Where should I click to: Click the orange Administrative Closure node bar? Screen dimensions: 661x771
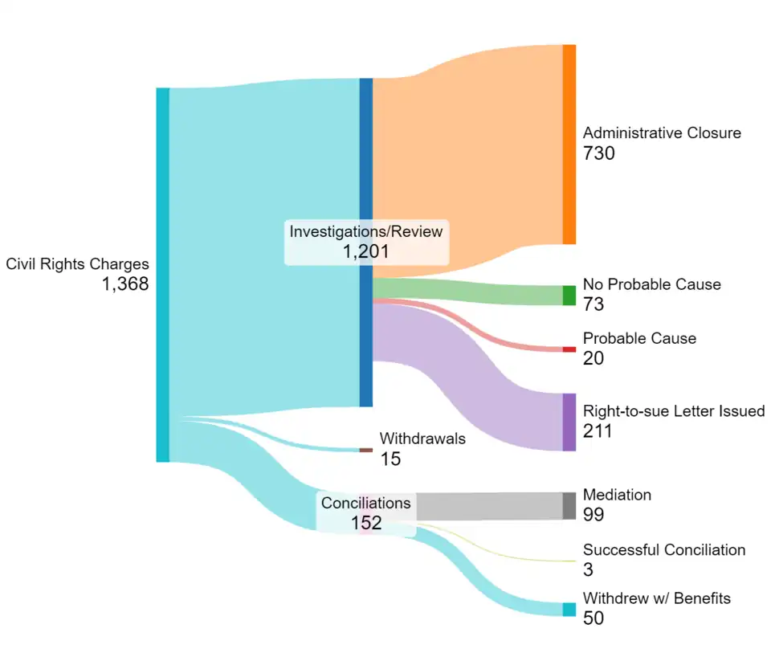(x=569, y=145)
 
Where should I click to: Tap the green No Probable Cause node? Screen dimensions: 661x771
(x=569, y=296)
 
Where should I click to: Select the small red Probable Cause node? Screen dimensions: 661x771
(x=569, y=349)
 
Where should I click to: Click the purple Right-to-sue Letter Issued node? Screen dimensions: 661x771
(x=569, y=422)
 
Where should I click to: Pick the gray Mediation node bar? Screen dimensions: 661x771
(x=569, y=505)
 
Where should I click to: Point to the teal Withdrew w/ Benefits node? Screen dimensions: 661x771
(x=569, y=610)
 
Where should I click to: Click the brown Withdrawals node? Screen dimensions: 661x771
(x=365, y=450)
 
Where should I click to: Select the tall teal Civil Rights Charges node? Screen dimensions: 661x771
(x=163, y=275)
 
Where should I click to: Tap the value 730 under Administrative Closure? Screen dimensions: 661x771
(x=599, y=153)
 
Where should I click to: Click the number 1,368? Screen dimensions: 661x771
(x=125, y=284)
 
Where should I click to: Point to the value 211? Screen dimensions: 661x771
(x=598, y=431)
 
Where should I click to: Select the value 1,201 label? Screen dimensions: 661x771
(x=365, y=251)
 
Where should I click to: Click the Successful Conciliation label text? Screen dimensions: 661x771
(x=664, y=550)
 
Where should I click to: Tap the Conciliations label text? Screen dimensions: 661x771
(x=365, y=504)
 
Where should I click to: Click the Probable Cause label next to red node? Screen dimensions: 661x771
(x=639, y=338)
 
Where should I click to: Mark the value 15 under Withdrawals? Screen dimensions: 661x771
(x=390, y=459)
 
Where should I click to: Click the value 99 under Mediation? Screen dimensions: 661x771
(x=594, y=515)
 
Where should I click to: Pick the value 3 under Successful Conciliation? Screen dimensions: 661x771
(x=589, y=569)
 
